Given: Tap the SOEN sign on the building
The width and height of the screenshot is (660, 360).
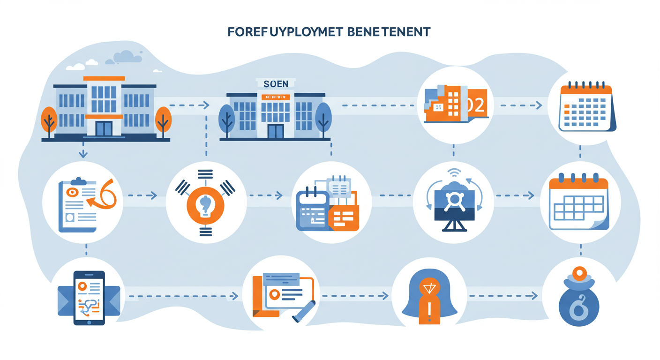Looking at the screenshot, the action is (276, 84).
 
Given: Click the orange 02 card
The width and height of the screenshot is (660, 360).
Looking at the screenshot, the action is (475, 105).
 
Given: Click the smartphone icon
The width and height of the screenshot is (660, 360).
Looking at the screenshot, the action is (89, 298).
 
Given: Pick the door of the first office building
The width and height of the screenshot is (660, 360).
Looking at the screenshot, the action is (104, 128).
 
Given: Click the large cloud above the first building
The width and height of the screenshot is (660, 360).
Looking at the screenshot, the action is (127, 57).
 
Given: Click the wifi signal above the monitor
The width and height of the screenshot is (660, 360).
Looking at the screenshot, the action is (454, 172).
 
